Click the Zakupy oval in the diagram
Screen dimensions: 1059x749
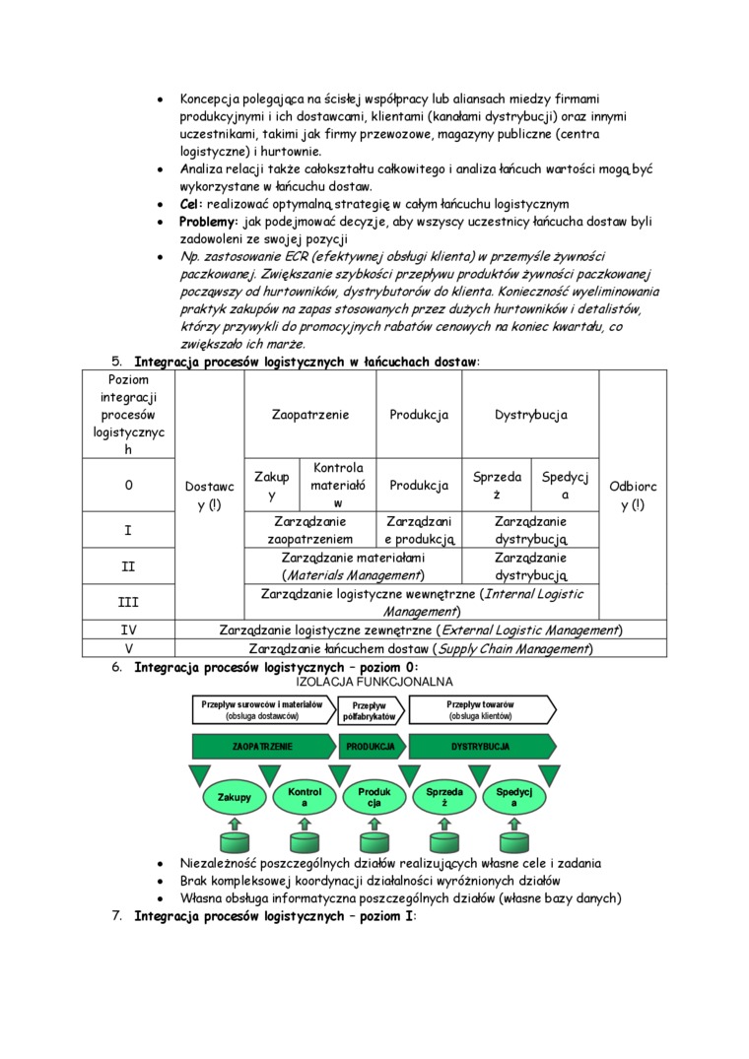(235, 797)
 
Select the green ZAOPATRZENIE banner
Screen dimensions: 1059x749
(262, 747)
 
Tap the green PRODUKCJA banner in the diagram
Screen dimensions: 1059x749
(371, 747)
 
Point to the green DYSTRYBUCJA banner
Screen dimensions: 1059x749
(481, 747)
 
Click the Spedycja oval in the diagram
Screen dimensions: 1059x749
(514, 797)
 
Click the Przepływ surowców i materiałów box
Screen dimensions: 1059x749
(262, 710)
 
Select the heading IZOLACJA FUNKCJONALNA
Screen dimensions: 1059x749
(374, 682)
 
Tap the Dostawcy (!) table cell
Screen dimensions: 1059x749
(209, 495)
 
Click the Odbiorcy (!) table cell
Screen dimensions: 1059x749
(633, 495)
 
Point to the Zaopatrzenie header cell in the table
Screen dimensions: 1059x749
(310, 415)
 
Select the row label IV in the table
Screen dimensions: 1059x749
(128, 629)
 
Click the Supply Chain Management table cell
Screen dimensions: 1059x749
(420, 649)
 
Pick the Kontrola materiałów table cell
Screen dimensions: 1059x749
(337, 485)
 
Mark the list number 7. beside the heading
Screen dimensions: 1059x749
(116, 916)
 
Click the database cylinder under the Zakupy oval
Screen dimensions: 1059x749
(235, 842)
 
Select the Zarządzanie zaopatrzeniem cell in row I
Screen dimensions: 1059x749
(310, 530)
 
